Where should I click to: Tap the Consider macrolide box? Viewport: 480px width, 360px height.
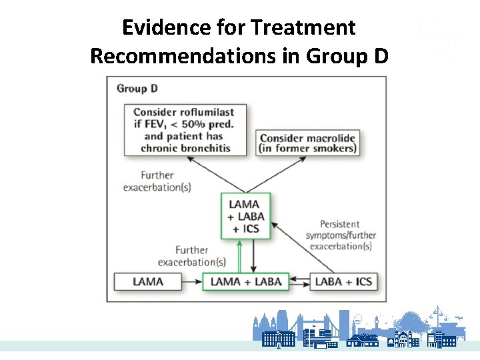pos(307,143)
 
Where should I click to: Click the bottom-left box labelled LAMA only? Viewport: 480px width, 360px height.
pos(147,281)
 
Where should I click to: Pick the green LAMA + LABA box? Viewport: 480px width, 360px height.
pos(245,281)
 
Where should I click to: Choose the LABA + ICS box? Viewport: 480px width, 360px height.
pos(343,281)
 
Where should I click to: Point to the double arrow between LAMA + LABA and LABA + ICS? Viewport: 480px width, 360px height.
pos(300,281)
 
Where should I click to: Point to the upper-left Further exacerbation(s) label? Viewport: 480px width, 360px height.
pos(157,181)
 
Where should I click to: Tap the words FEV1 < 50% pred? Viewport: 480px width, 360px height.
pos(187,125)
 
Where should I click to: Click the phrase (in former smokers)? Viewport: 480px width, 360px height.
pos(307,148)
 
